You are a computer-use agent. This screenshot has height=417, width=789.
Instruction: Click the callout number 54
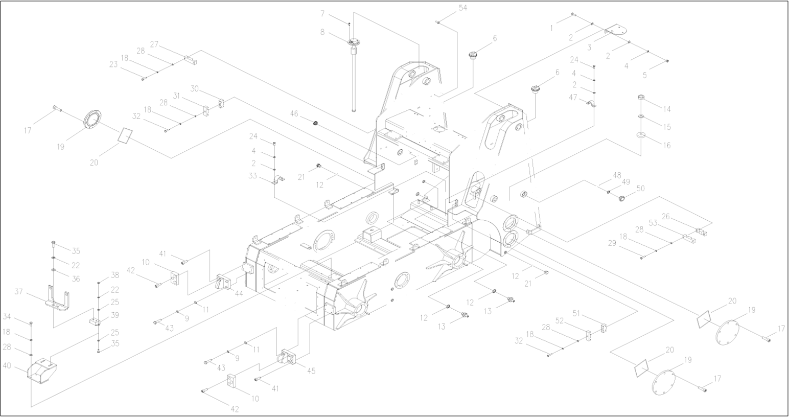tap(463, 8)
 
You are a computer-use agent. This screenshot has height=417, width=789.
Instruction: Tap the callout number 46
tap(294, 113)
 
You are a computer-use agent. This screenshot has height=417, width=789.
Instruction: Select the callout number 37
tap(19, 291)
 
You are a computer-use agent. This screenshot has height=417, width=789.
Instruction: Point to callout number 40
tap(8, 365)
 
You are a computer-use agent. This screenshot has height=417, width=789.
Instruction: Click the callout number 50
tap(640, 189)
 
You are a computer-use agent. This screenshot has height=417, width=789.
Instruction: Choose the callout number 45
tap(311, 370)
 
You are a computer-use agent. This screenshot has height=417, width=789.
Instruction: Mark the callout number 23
tap(113, 64)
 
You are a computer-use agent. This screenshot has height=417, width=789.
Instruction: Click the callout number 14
tap(667, 109)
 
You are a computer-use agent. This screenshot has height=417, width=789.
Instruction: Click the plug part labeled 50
tap(622, 198)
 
